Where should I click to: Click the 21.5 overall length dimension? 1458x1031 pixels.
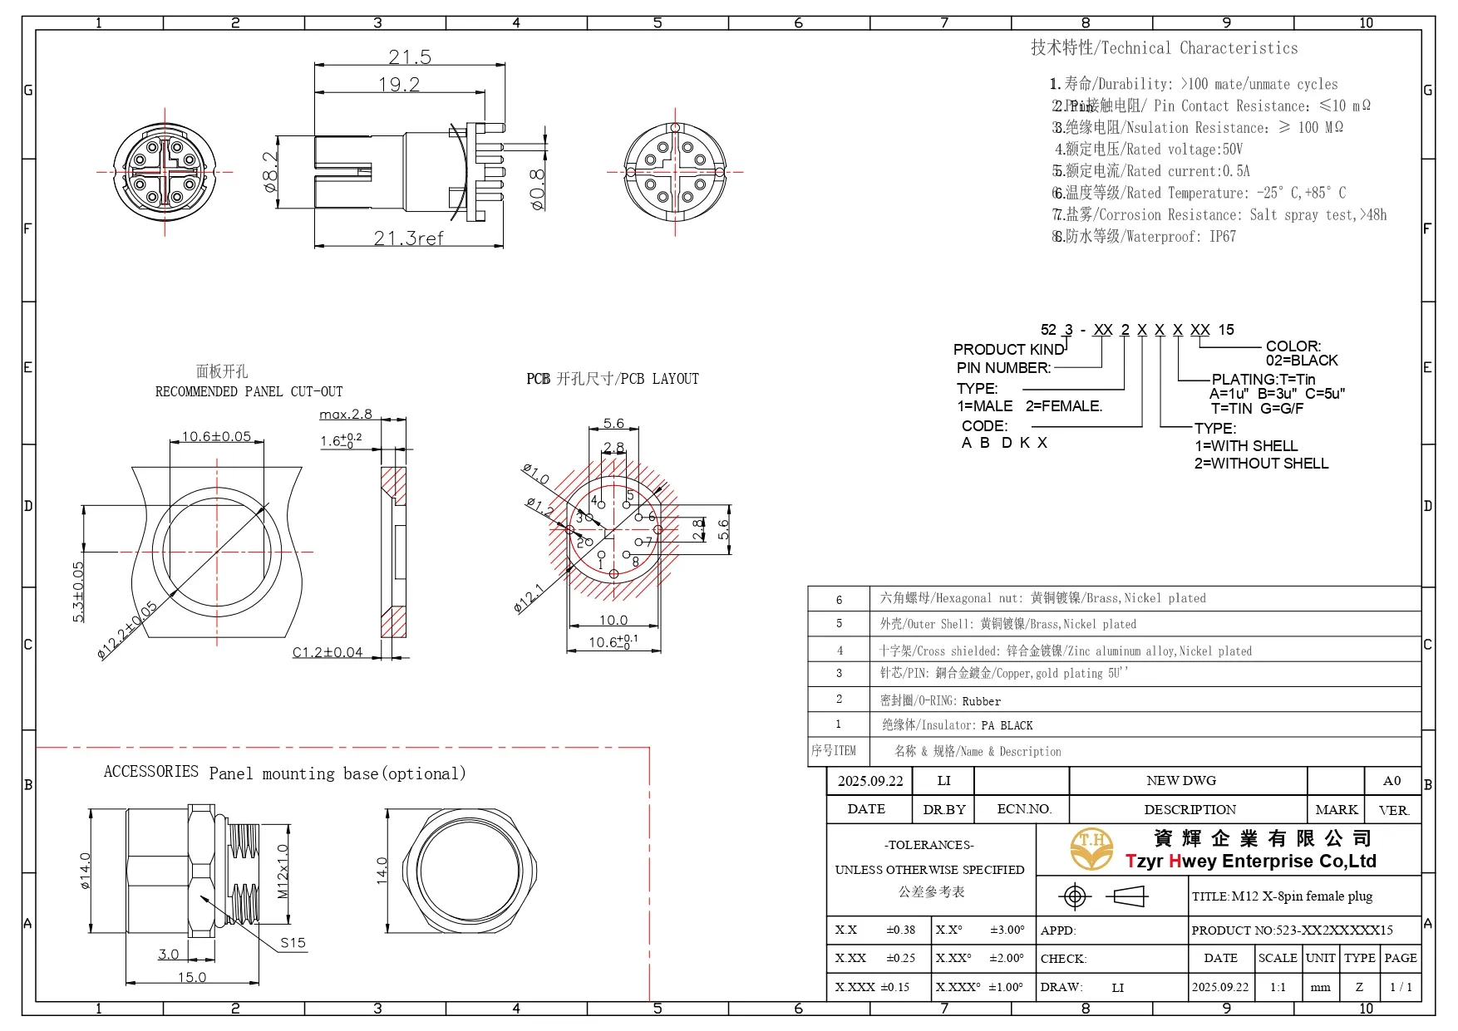(410, 57)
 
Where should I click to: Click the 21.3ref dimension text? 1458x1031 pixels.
(408, 238)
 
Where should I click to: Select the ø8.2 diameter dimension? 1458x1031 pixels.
(270, 172)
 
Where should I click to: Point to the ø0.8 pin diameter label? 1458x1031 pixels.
(538, 189)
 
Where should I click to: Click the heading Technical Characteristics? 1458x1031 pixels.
(1164, 48)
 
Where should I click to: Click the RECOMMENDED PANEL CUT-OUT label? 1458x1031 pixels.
(249, 391)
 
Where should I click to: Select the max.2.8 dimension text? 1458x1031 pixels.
(345, 415)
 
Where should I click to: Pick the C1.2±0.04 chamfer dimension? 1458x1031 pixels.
(328, 652)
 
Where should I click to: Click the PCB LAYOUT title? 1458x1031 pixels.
(613, 379)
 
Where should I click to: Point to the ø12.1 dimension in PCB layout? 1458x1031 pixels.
(529, 598)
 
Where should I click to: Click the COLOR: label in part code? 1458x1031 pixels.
(1293, 346)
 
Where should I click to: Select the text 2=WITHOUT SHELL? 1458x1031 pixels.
(1261, 464)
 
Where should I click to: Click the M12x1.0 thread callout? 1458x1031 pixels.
(283, 871)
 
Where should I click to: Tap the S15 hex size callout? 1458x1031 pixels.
(293, 943)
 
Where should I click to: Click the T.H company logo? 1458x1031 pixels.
(1091, 848)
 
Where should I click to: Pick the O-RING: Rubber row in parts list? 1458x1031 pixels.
(940, 701)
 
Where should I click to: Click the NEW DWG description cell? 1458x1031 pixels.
(1180, 781)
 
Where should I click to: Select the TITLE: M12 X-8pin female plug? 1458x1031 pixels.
(1282, 896)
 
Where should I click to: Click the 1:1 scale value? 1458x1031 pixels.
(1277, 987)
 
